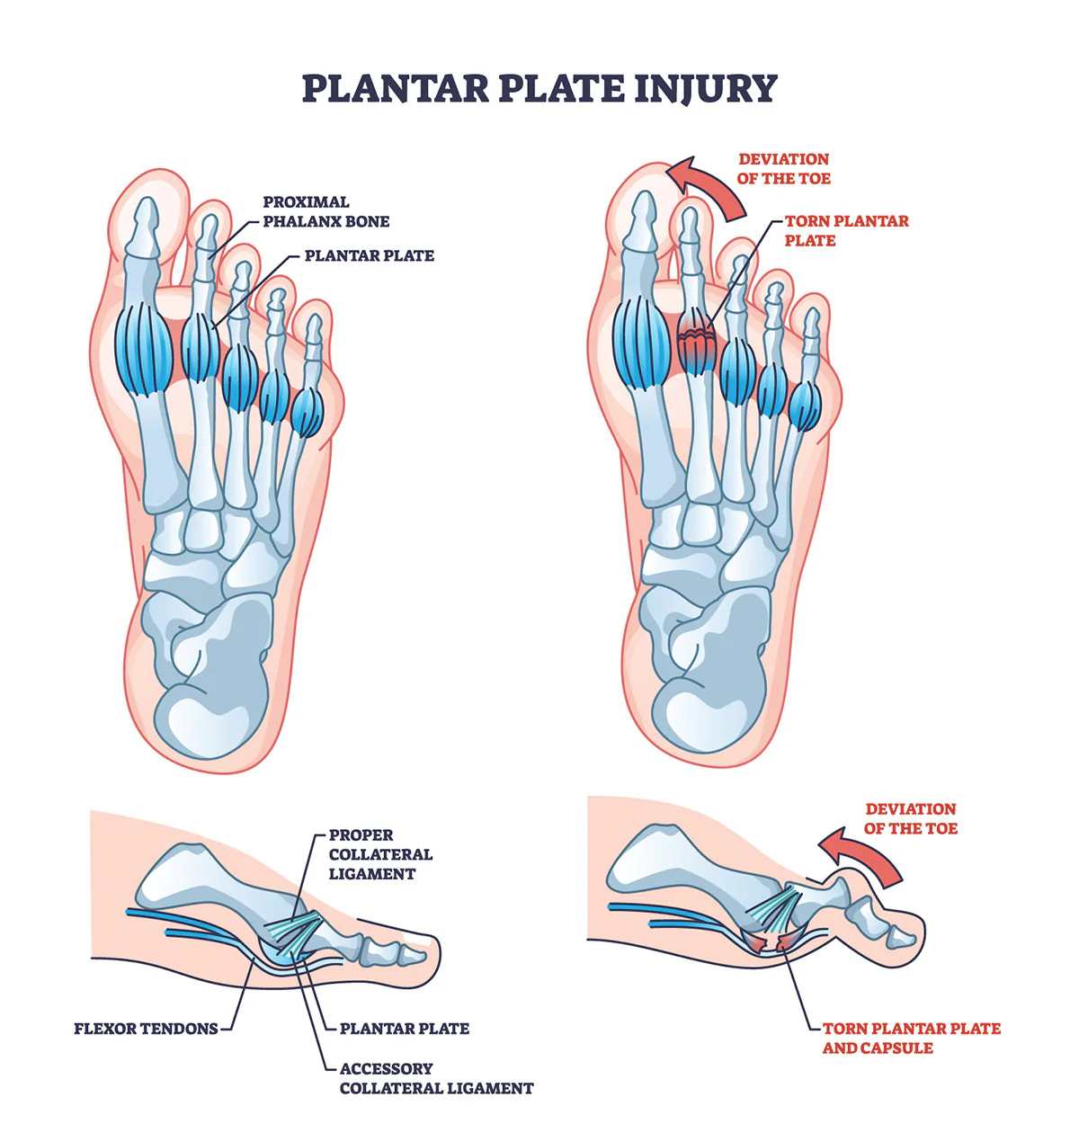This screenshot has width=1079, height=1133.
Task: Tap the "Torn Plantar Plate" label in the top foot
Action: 834,230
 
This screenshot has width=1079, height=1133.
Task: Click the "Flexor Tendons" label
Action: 146,1028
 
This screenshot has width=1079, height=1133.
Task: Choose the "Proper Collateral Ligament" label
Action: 379,854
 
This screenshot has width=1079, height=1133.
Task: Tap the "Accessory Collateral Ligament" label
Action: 435,1078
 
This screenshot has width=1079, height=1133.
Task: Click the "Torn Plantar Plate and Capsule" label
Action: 910,1038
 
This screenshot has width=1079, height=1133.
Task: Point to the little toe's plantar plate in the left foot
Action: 307,412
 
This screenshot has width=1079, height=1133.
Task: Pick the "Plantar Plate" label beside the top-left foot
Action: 369,255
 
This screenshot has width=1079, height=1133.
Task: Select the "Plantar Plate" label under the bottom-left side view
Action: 404,1028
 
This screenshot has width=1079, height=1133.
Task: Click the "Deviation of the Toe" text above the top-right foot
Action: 783,168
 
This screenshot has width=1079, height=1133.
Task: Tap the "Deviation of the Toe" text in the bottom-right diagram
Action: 910,818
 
